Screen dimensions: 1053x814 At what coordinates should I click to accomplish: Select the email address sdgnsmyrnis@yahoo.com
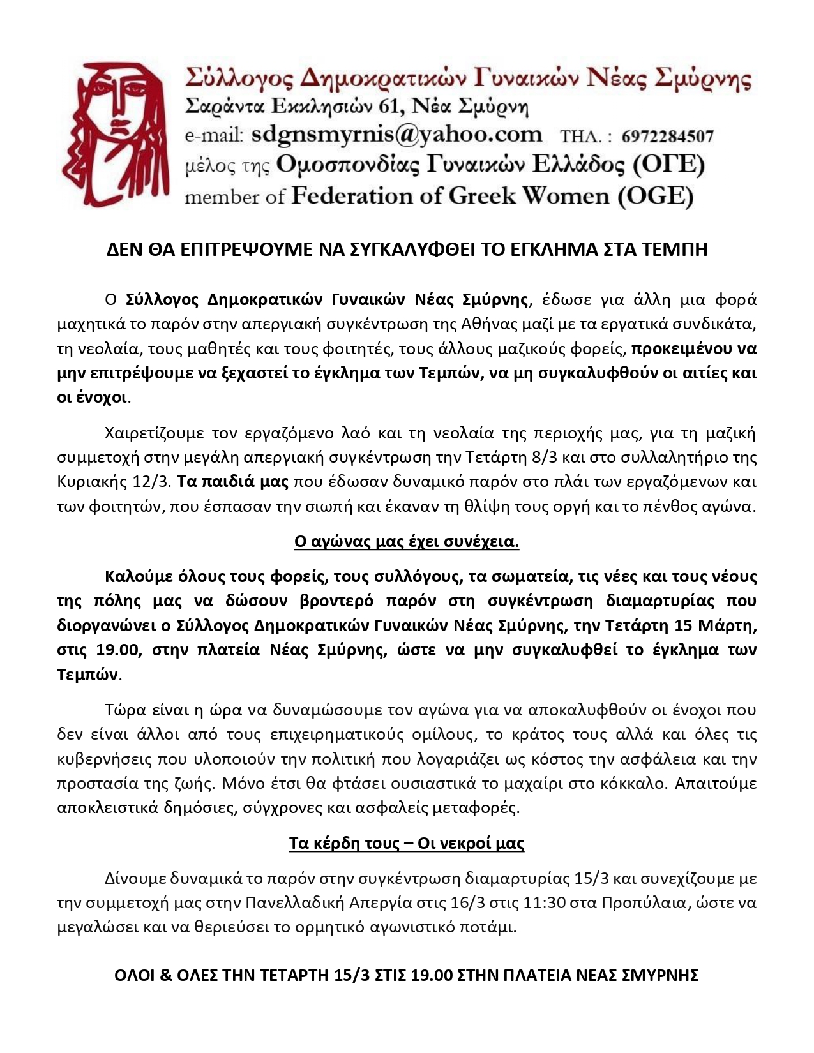[396, 135]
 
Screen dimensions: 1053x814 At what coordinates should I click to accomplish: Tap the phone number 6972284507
[667, 137]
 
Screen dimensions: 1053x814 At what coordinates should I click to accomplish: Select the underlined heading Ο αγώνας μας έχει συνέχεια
[407, 542]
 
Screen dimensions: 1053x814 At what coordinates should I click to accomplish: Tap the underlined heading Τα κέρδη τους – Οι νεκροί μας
[407, 844]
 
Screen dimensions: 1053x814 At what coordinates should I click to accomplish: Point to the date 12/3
[136, 482]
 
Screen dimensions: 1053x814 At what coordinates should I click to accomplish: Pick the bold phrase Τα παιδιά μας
[232, 482]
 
